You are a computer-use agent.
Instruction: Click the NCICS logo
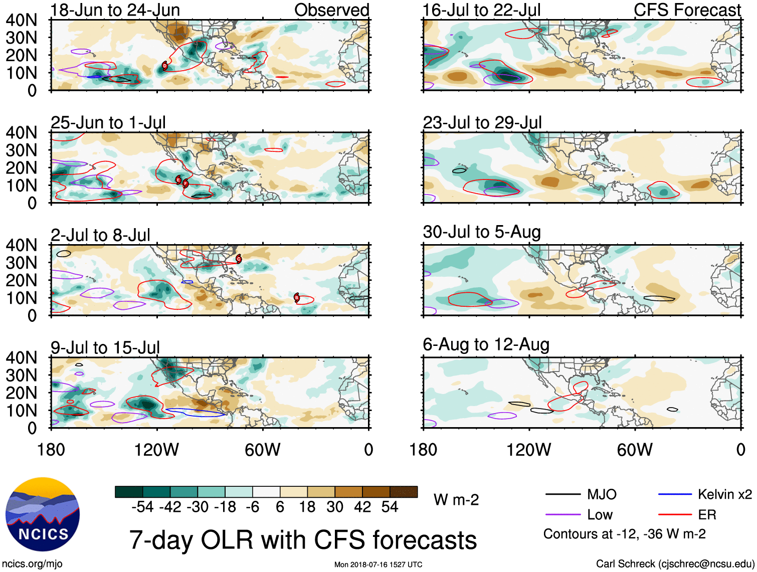[43, 514]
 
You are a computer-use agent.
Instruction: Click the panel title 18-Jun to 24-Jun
[115, 10]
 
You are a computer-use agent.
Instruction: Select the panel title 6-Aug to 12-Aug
[486, 344]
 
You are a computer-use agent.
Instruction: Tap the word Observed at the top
[331, 10]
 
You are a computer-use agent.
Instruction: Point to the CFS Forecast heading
[687, 10]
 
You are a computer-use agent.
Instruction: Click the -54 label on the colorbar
[142, 507]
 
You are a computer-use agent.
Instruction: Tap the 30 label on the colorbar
[335, 507]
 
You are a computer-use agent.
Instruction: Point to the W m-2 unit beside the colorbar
[456, 500]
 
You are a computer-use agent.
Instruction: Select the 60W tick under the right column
[635, 450]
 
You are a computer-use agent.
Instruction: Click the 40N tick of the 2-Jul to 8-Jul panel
[22, 245]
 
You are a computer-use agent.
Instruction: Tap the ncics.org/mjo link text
[32, 563]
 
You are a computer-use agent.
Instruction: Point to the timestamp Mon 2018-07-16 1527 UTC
[378, 564]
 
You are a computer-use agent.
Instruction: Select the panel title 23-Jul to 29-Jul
[482, 122]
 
